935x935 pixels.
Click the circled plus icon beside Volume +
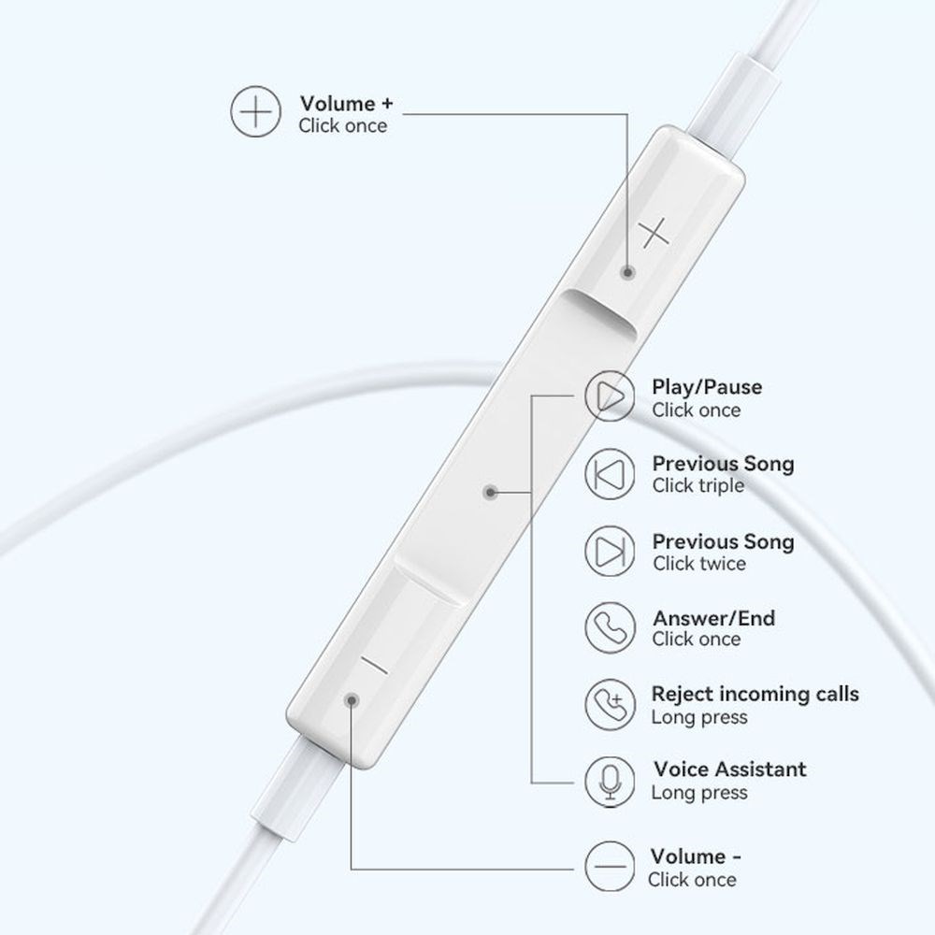[x=255, y=111]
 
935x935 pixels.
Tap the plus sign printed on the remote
[x=654, y=233]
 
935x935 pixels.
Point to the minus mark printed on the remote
[x=375, y=665]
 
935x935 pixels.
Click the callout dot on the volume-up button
[x=627, y=272]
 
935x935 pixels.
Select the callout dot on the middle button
[x=491, y=492]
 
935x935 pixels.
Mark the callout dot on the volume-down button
[x=352, y=699]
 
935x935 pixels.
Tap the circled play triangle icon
[x=610, y=396]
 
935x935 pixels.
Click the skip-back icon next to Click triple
[x=610, y=474]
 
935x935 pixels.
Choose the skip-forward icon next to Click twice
[x=610, y=551]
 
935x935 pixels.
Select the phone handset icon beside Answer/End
[x=610, y=627]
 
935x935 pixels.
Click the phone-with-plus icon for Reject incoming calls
[x=610, y=704]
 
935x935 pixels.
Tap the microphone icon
[x=610, y=782]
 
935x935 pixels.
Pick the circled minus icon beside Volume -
[x=610, y=867]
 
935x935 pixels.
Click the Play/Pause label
[x=707, y=387]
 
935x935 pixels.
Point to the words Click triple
[x=698, y=486]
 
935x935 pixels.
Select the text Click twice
[x=698, y=564]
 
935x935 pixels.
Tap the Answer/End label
[x=713, y=618]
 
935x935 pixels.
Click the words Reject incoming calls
[x=755, y=694]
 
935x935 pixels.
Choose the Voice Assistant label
[x=730, y=770]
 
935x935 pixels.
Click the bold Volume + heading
[x=347, y=104]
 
